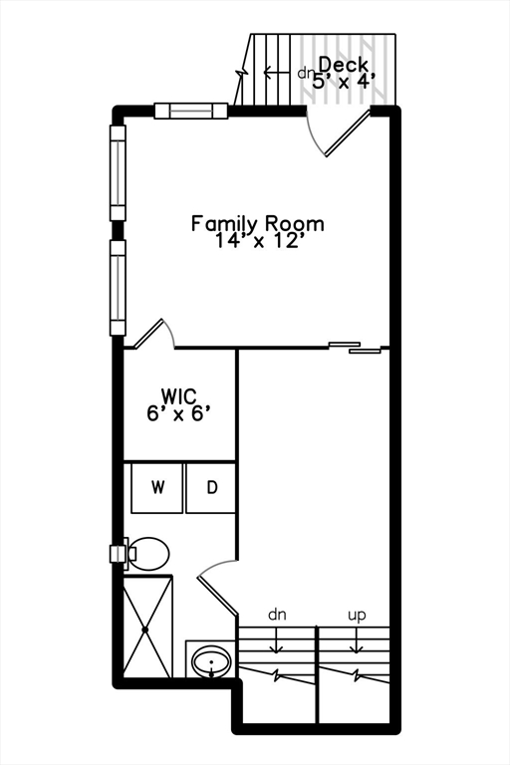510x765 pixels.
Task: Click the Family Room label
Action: pyautogui.click(x=257, y=224)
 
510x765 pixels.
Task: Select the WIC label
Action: pyautogui.click(x=178, y=394)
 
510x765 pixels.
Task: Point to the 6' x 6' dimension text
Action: pyautogui.click(x=178, y=413)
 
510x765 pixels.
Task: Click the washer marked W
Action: pyautogui.click(x=157, y=487)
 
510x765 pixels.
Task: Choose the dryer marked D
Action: pyautogui.click(x=211, y=487)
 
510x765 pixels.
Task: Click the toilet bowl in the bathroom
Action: pyautogui.click(x=148, y=554)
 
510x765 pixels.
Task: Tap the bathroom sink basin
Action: pyautogui.click(x=211, y=662)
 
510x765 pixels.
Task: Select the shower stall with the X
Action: pyautogui.click(x=145, y=627)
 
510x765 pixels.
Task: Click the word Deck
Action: pyautogui.click(x=343, y=64)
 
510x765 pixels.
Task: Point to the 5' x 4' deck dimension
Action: pyautogui.click(x=344, y=81)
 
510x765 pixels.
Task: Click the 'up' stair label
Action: pyautogui.click(x=357, y=615)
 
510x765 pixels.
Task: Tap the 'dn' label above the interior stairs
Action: pyautogui.click(x=277, y=615)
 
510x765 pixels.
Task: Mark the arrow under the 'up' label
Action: pyautogui.click(x=357, y=640)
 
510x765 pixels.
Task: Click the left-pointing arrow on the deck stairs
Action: pyautogui.click(x=277, y=73)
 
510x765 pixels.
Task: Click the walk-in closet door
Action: pyautogui.click(x=155, y=334)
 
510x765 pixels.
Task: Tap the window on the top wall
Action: pyautogui.click(x=191, y=111)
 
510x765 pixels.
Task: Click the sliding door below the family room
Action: pyautogui.click(x=355, y=347)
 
